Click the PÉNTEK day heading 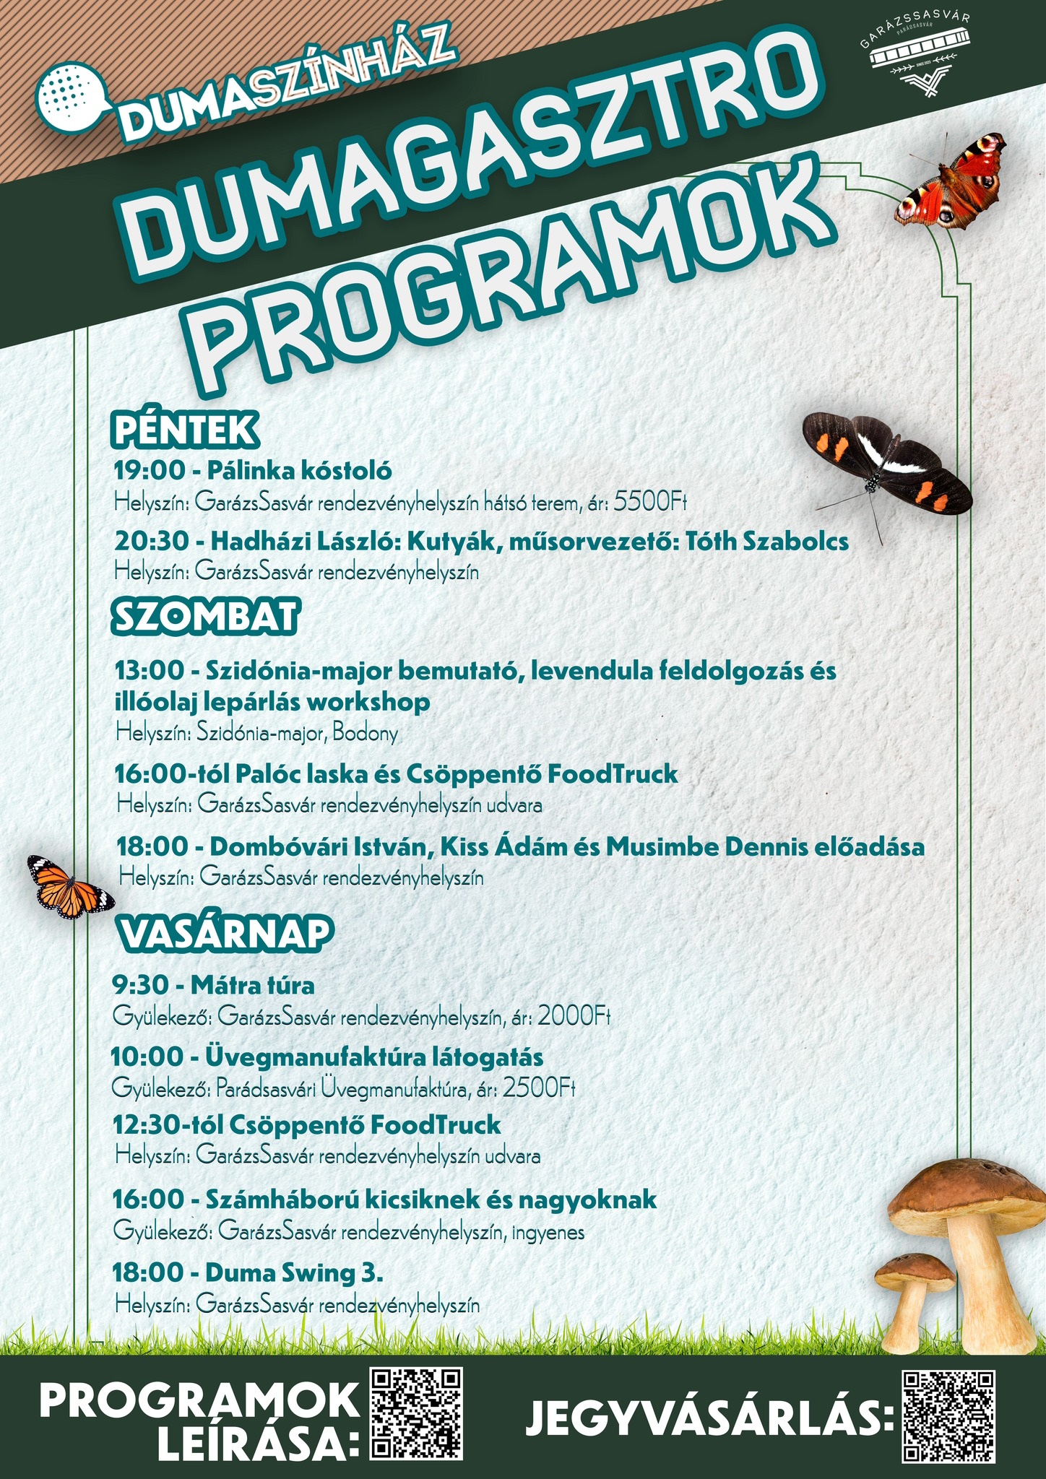(x=184, y=430)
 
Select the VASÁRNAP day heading (x=225, y=932)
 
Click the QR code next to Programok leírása (x=416, y=1413)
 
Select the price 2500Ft (x=539, y=1087)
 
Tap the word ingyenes (x=548, y=1232)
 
